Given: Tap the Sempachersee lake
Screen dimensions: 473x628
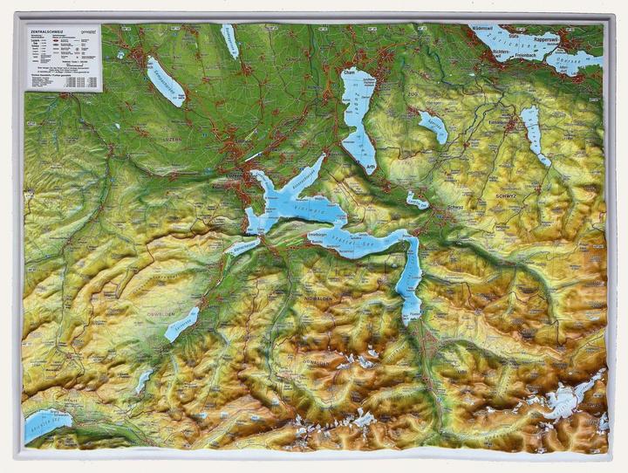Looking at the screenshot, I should pos(166,81).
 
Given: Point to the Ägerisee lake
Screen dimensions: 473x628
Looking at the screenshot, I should pos(433,126).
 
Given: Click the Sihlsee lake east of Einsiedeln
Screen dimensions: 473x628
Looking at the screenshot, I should pos(535,134).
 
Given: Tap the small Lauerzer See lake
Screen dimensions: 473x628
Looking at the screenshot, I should pos(418,200).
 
